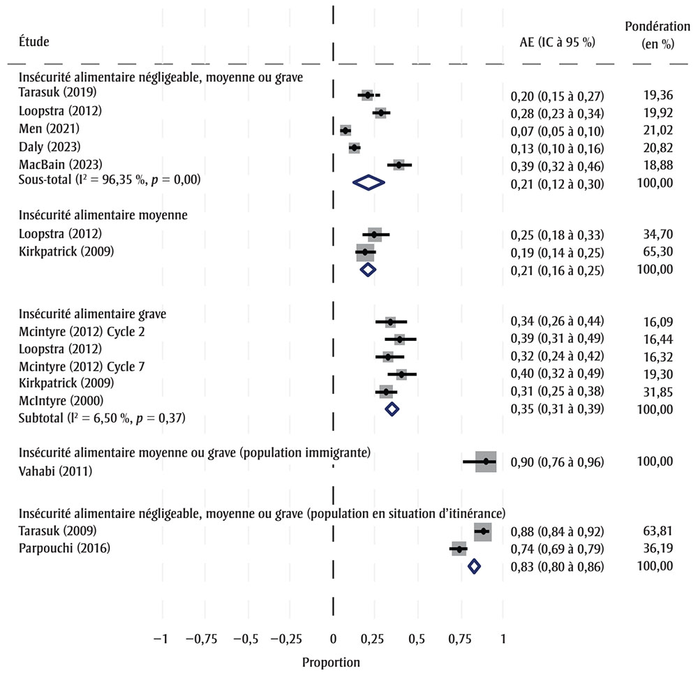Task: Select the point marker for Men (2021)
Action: coord(345,130)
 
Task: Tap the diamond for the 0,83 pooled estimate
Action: coord(474,566)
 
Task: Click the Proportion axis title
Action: coord(331,662)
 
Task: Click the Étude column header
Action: coord(34,42)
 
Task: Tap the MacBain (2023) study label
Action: coord(61,165)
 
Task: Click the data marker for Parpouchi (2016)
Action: coord(459,549)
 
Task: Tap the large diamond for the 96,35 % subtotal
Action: coord(369,182)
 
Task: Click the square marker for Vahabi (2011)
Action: coord(486,462)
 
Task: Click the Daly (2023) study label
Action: coord(50,147)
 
